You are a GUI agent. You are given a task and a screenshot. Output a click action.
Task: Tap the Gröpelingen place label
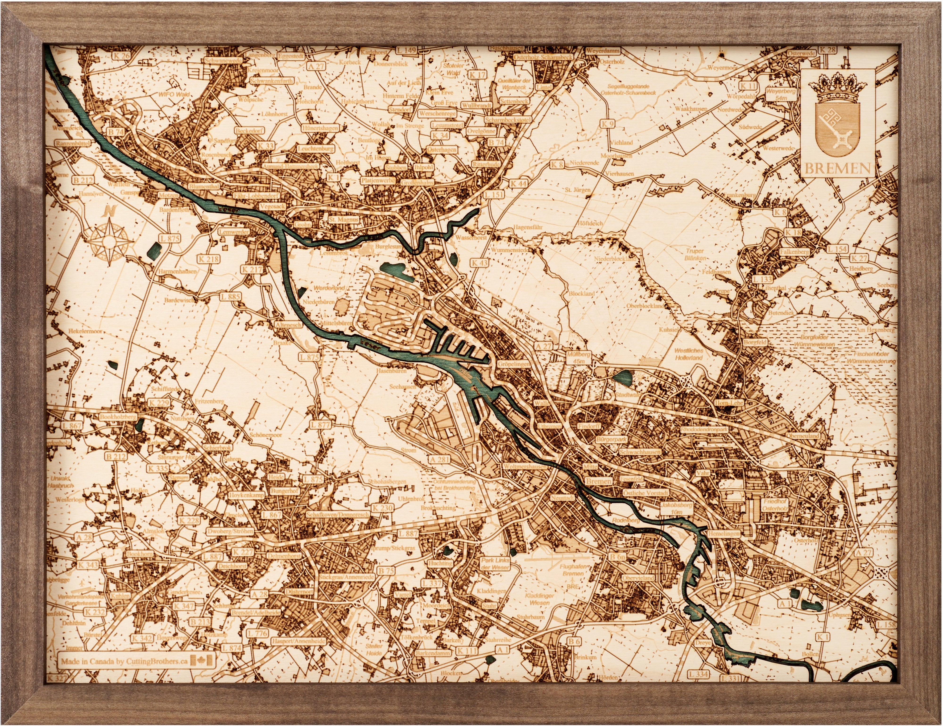pyautogui.click(x=513, y=364)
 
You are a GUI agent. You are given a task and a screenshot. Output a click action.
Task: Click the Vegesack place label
pyautogui.click(x=272, y=207)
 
